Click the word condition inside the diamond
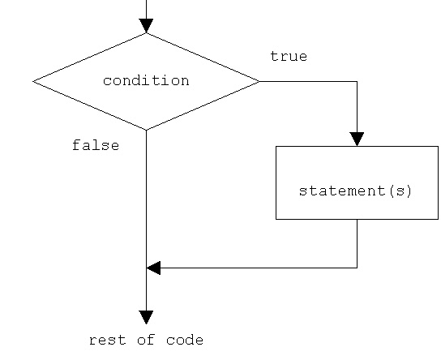click(x=146, y=81)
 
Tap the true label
click(x=289, y=57)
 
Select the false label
click(x=96, y=146)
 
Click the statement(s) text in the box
click(x=356, y=191)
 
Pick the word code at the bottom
click(x=186, y=341)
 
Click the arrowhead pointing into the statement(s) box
click(x=357, y=139)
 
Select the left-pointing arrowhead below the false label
click(x=153, y=268)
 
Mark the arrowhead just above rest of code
click(x=146, y=317)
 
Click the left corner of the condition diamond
click(x=33, y=81)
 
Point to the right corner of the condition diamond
click(x=259, y=81)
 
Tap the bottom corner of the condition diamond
click(x=146, y=130)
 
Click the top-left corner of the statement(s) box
click(x=276, y=146)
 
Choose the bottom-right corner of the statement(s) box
click(x=438, y=219)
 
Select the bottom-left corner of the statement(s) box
click(x=276, y=219)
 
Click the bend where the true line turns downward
click(x=357, y=81)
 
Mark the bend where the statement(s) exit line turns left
click(x=357, y=268)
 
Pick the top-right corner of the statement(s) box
click(x=438, y=146)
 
